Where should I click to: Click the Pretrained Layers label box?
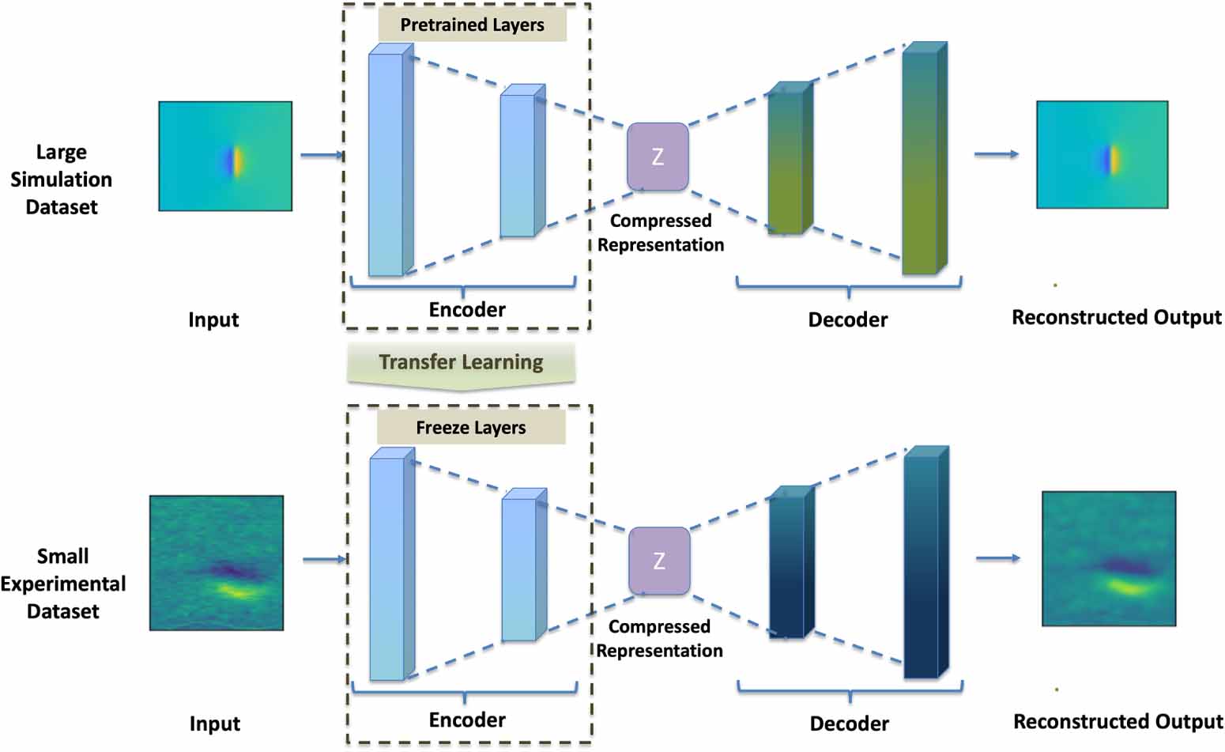pyautogui.click(x=472, y=25)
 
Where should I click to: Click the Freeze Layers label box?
pyautogui.click(x=471, y=428)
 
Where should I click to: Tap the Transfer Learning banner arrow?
pyautogui.click(x=461, y=365)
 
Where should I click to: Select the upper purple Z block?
pyautogui.click(x=658, y=157)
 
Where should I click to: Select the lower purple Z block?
pyautogui.click(x=659, y=561)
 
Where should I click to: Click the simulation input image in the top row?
pyautogui.click(x=225, y=156)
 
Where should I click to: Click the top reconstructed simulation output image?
pyautogui.click(x=1102, y=155)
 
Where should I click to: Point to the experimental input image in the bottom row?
pyautogui.click(x=217, y=563)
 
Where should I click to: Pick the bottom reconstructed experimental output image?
pyautogui.click(x=1108, y=558)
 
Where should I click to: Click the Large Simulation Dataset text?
pyautogui.click(x=61, y=179)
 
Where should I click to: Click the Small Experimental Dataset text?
pyautogui.click(x=62, y=584)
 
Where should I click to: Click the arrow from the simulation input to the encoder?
pyautogui.click(x=322, y=155)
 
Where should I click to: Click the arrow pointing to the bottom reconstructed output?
pyautogui.click(x=997, y=558)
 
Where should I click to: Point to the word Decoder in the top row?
pyautogui.click(x=847, y=319)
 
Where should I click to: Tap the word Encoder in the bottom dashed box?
pyautogui.click(x=467, y=720)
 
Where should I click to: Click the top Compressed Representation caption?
pyautogui.click(x=661, y=232)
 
